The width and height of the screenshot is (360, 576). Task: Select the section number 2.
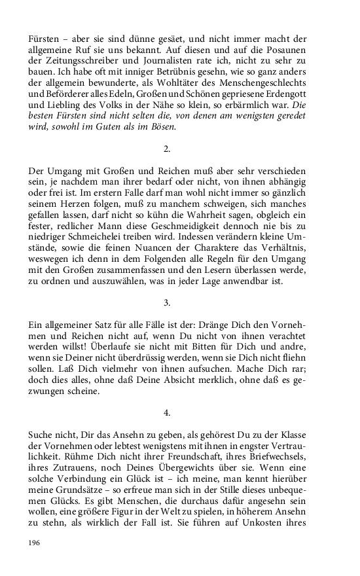(167, 149)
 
